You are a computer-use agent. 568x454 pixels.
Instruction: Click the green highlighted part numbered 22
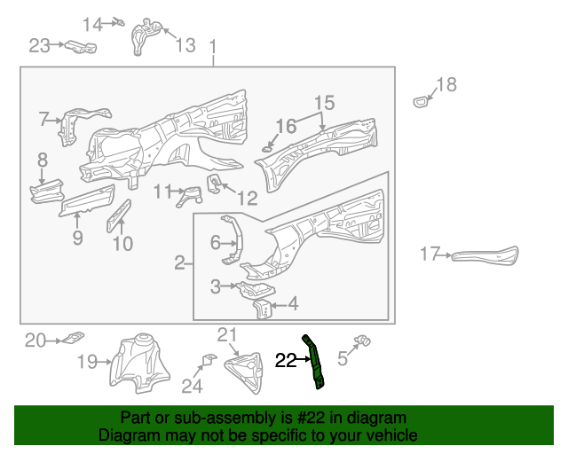click(317, 363)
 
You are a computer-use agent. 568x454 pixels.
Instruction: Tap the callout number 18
click(446, 85)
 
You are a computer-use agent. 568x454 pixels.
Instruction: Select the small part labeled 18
click(421, 102)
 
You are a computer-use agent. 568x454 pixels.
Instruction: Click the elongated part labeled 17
click(485, 254)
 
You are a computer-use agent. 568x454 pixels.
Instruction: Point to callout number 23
click(40, 44)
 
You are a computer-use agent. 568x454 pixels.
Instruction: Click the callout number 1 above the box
click(212, 45)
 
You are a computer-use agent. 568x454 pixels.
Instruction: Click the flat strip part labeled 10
click(119, 215)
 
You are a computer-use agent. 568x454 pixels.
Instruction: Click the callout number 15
click(323, 102)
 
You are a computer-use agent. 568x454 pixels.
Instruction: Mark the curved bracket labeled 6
click(232, 241)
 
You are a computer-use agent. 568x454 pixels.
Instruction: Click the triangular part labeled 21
click(246, 370)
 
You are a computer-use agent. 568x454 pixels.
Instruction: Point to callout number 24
click(192, 386)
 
